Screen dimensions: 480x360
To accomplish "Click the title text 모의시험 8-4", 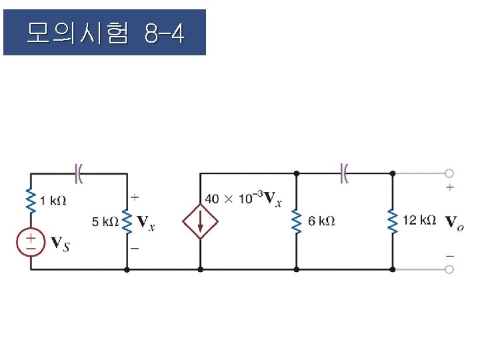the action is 105,32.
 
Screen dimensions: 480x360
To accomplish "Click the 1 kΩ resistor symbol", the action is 31,200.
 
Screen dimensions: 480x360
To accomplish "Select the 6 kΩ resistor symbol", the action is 297,221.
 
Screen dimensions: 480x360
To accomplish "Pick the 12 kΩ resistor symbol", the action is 393,221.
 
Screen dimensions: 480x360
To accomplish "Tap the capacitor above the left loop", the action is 79,173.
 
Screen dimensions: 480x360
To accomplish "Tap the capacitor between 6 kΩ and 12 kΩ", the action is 345,173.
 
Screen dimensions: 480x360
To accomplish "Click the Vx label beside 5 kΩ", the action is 146,223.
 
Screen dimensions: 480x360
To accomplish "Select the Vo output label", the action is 454,223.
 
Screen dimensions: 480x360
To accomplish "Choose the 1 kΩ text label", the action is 53,200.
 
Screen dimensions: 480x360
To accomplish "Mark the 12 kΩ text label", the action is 419,220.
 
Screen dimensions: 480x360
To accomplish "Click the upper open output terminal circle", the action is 449,173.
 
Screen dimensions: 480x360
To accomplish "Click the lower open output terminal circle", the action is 449,269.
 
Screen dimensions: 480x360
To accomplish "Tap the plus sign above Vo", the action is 450,189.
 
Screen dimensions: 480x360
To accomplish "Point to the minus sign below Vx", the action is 135,247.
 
